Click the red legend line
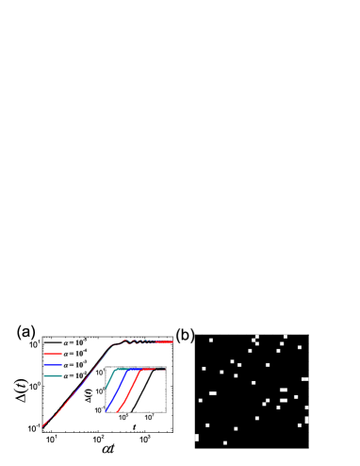pos(53,354)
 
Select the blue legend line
pos(53,364)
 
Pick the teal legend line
pos(53,375)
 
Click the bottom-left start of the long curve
pos(42,426)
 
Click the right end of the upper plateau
pos(172,341)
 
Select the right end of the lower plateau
pos(164,369)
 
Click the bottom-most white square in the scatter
pos(225,442)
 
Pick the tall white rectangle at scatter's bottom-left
pos(196,438)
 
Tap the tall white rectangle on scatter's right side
pos(306,420)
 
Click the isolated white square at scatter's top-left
pos(210,340)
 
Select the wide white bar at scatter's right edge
pos(304,379)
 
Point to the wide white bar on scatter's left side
pos(213,393)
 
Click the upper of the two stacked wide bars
pos(284,390)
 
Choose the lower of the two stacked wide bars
pos(283,400)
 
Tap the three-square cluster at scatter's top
pos(255,340)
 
